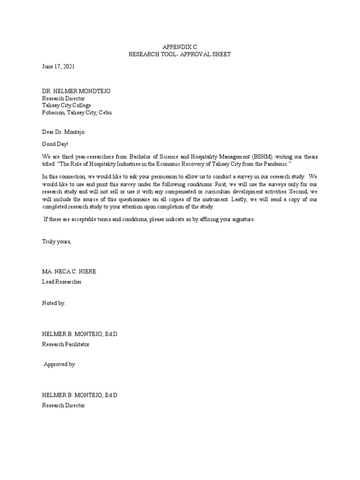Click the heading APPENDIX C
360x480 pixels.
pos(180,47)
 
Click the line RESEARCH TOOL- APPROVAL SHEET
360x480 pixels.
pos(180,54)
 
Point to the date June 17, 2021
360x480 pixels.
pos(58,67)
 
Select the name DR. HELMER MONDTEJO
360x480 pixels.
pos(76,91)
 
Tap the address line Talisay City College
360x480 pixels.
pos(67,105)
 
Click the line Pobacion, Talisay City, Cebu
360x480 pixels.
pos(77,112)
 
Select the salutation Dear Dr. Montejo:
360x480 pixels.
pos(64,133)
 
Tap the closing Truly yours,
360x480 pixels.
pos(57,241)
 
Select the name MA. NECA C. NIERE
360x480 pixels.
pos(69,272)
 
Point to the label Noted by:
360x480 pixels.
pos(54,303)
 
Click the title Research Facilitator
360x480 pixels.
pos(66,344)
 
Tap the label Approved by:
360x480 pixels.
pos(60,364)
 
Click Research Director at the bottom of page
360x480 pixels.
pos(63,405)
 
